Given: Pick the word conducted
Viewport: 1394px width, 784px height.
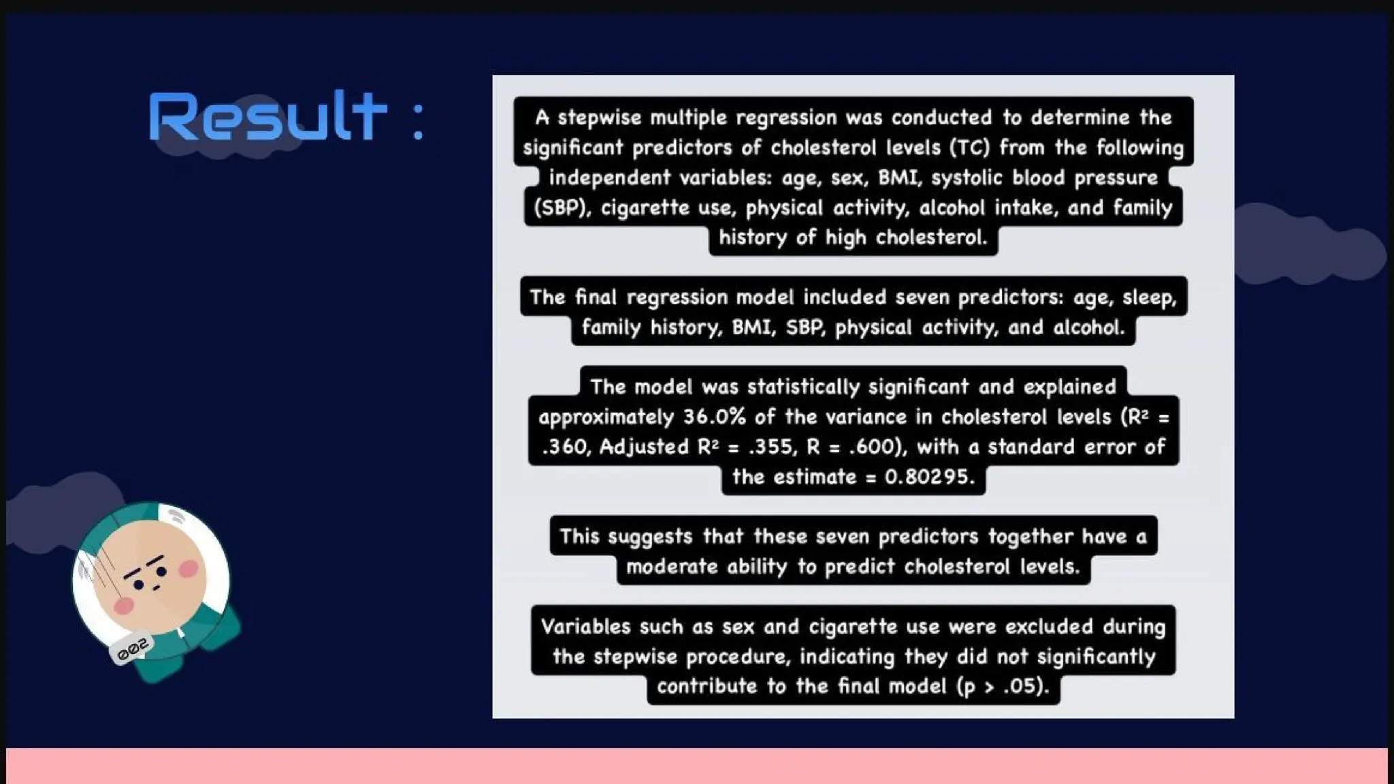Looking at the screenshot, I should pos(941,118).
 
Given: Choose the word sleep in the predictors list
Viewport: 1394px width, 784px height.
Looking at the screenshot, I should pos(1149,297).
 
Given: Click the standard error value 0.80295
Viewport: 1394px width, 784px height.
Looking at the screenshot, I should pos(928,477).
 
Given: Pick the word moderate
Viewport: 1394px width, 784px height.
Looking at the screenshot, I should pos(671,567).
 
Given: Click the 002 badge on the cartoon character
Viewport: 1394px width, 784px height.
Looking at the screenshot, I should pos(132,649).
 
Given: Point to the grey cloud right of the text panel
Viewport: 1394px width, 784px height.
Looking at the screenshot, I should pos(1307,245).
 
